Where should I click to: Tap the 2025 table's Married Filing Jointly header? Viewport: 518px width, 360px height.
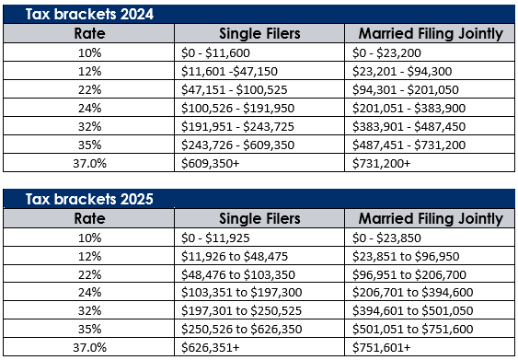429,218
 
